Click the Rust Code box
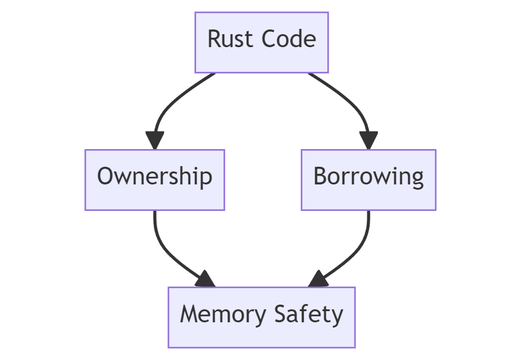261,42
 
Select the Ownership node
154,179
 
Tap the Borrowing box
368,179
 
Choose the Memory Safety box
261,317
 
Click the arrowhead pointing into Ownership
154,140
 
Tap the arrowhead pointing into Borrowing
369,140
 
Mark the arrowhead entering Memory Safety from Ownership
205,279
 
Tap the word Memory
218,315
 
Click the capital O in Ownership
105,177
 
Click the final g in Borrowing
417,179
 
